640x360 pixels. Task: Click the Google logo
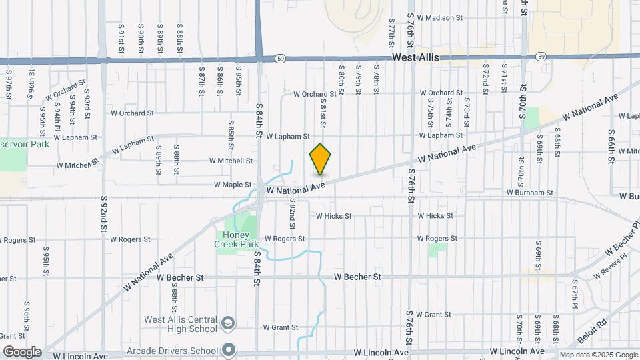point(21,351)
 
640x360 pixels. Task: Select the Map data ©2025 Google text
point(598,355)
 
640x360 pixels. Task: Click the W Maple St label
point(233,185)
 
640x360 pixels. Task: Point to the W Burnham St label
point(530,193)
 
